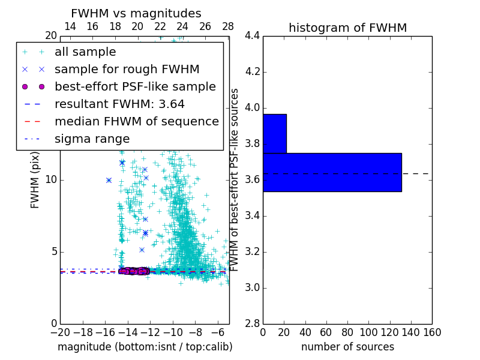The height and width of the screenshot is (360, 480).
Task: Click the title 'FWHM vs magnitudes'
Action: [x=136, y=14]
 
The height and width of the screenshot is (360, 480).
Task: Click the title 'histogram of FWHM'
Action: [x=347, y=28]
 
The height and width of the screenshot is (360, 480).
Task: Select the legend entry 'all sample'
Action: [x=85, y=52]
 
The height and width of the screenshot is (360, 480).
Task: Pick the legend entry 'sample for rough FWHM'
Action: [x=127, y=69]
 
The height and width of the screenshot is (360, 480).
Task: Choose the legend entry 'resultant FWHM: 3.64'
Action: [x=119, y=104]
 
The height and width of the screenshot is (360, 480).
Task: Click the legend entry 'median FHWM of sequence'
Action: [x=136, y=121]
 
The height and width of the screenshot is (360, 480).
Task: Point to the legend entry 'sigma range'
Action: [x=92, y=139]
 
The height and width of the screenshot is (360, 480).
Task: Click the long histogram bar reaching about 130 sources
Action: [x=332, y=172]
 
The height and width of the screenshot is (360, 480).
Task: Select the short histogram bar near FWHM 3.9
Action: [x=274, y=133]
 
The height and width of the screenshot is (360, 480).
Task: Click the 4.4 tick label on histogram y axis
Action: [x=251, y=36]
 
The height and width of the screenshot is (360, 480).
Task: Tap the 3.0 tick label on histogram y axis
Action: [x=251, y=287]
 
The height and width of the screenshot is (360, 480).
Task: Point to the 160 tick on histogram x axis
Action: [x=432, y=332]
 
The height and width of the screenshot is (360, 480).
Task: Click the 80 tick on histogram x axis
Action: [x=347, y=332]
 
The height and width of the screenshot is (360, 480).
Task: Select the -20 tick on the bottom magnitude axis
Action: [x=59, y=332]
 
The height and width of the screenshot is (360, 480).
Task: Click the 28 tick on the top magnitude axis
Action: [x=228, y=26]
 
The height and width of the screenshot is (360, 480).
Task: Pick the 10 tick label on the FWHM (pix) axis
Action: [x=51, y=180]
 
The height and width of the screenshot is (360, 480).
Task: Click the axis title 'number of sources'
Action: [x=347, y=347]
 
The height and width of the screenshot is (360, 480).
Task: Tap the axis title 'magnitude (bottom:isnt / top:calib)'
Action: [x=145, y=347]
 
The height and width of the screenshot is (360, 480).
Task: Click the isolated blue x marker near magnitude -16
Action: [x=109, y=180]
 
